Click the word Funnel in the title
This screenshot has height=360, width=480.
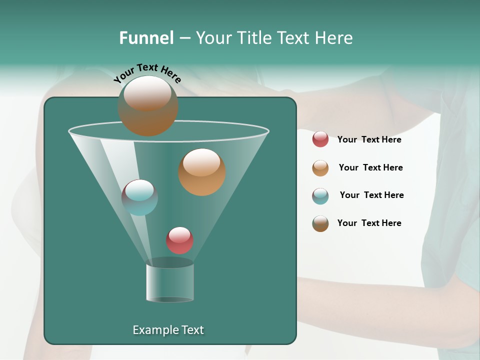146,38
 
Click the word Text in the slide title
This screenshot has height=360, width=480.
294,38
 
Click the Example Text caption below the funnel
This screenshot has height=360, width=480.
168,330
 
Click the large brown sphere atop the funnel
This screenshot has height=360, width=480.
147,105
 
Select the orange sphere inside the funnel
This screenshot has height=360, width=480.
201,171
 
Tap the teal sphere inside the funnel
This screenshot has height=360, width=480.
139,197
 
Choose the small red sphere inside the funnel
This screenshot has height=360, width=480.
179,240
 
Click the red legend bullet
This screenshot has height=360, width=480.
320,139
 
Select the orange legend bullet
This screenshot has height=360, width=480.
320,168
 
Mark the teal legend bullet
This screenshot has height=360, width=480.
320,196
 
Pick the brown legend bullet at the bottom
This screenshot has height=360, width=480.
320,223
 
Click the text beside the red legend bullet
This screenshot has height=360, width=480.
369,140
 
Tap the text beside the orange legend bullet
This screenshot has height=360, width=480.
370,168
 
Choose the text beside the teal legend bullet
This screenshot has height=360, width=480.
371,195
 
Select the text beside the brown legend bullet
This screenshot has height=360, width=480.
369,223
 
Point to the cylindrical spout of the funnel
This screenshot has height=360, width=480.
170,282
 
